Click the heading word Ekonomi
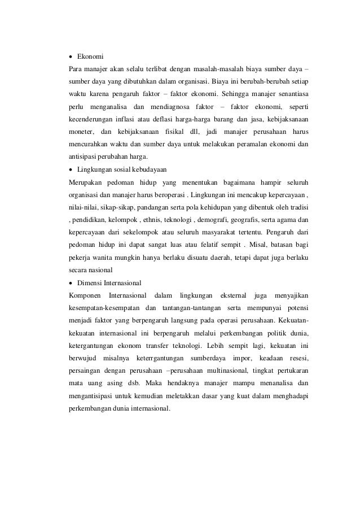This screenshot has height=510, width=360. (x=90, y=57)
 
